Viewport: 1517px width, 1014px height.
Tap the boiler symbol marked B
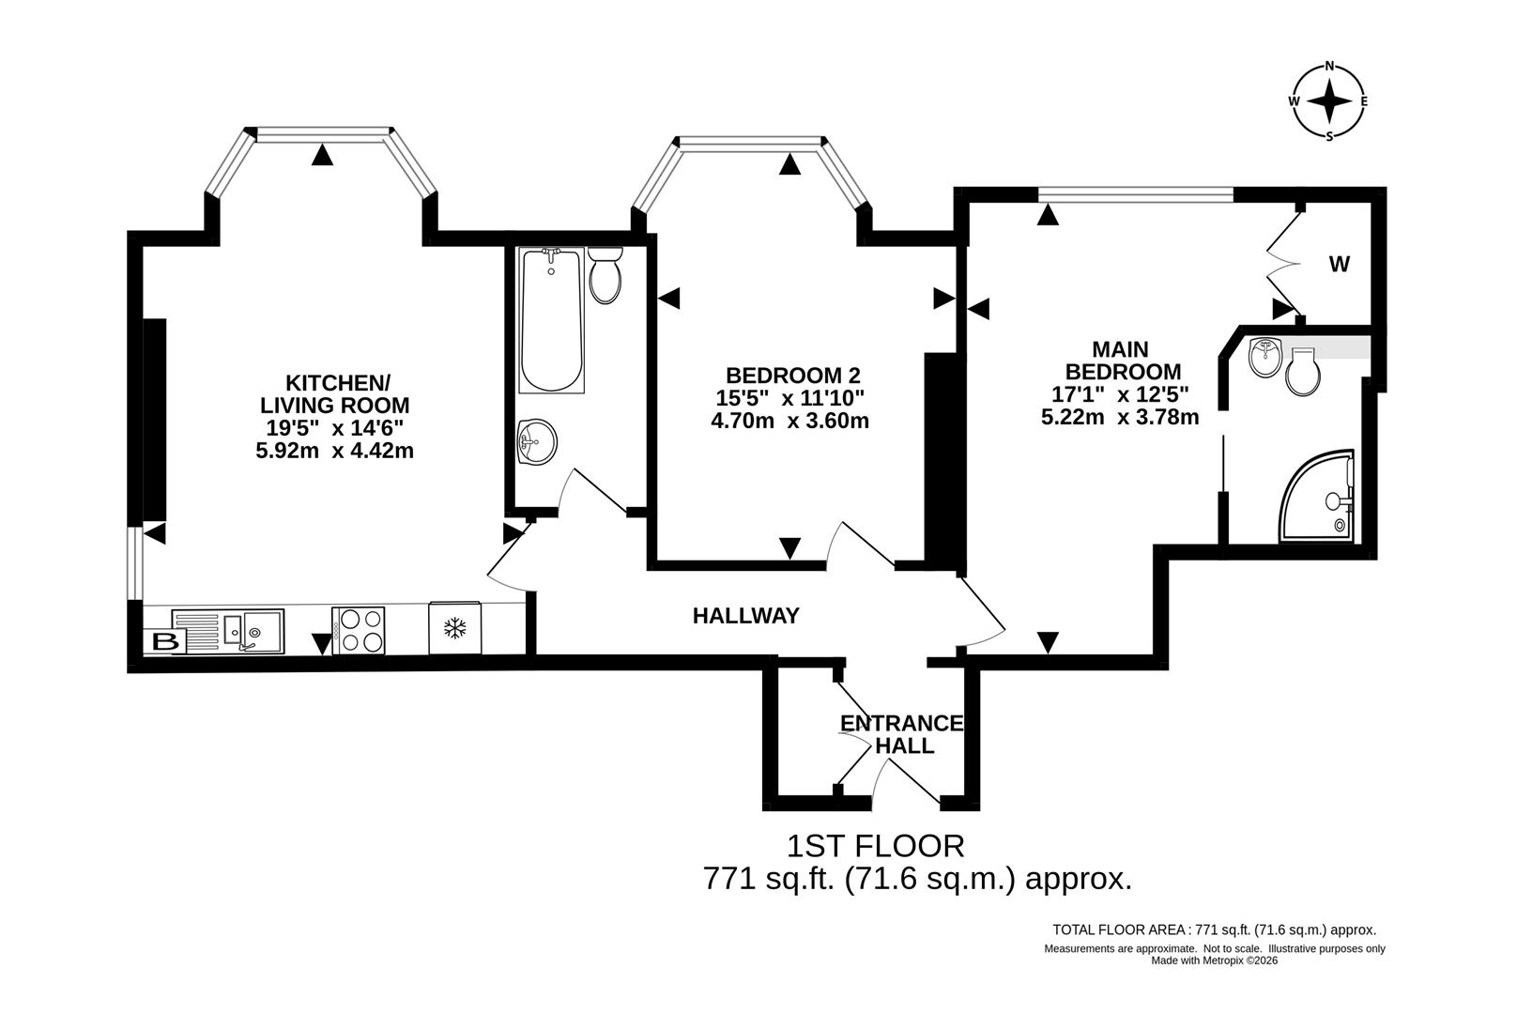point(166,643)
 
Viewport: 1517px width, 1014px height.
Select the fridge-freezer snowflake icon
point(455,627)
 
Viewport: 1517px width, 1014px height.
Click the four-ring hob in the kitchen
point(359,630)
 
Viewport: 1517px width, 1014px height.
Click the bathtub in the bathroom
point(552,321)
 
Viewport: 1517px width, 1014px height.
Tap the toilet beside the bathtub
point(605,274)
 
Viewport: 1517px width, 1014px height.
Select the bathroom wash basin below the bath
point(536,440)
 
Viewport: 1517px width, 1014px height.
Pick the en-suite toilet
point(1303,372)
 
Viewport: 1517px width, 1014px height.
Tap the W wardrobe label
point(1339,265)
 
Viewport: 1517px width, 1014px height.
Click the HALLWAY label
point(745,616)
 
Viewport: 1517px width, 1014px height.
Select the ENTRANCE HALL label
point(902,734)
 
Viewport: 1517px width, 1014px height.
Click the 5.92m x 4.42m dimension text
point(334,451)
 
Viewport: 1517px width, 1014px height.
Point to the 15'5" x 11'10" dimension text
point(789,398)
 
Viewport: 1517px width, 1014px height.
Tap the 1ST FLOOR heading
point(875,846)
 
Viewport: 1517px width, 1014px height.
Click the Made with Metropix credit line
point(1214,960)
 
